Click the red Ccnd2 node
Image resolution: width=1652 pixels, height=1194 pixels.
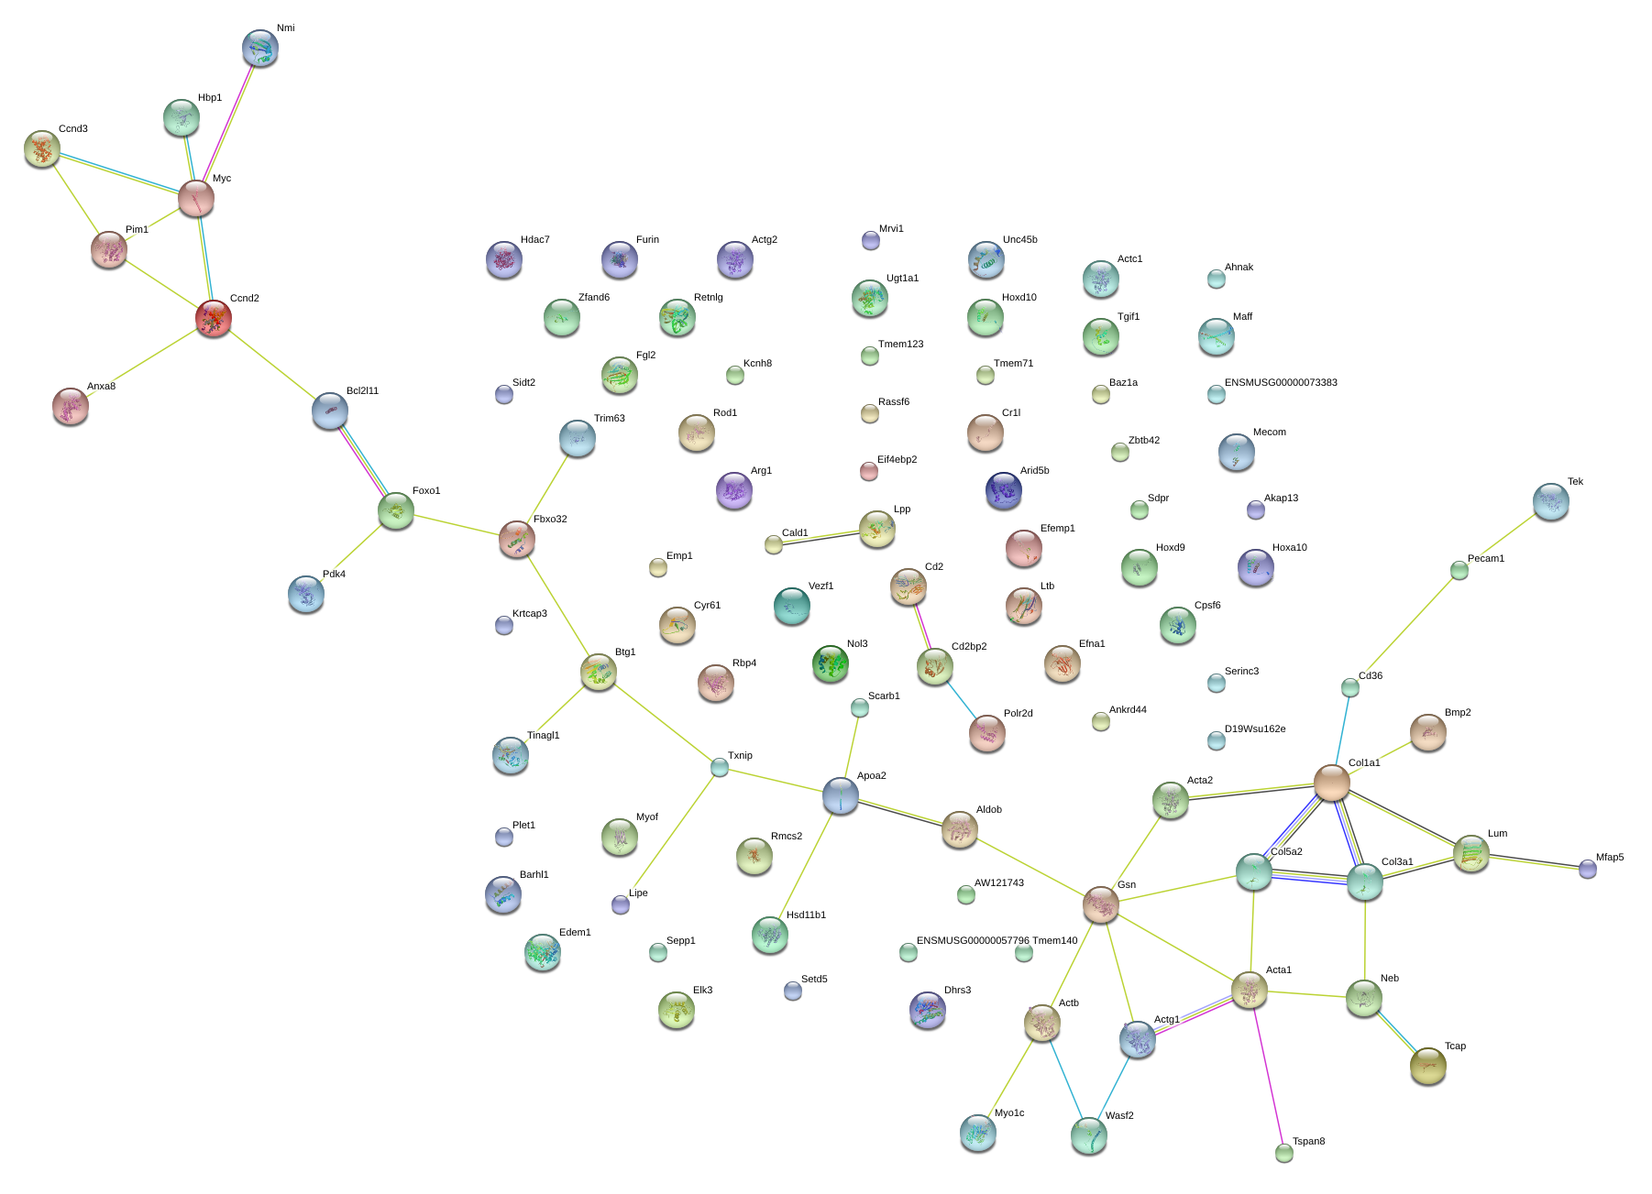coord(214,319)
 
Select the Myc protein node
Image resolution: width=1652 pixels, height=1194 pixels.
coord(196,199)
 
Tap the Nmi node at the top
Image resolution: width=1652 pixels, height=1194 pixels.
coord(260,49)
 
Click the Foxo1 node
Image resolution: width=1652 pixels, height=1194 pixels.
coord(396,511)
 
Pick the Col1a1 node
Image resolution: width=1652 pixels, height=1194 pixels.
coord(1332,783)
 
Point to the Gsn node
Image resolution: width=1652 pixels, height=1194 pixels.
coord(1101,905)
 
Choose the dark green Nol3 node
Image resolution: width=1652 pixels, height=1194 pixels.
coord(831,664)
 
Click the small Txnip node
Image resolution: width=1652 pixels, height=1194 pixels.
coord(720,768)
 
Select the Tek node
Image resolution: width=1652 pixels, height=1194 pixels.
coord(1551,502)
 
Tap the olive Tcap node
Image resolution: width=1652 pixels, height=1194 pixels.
coord(1428,1067)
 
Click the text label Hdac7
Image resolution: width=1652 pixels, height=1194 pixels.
coord(535,240)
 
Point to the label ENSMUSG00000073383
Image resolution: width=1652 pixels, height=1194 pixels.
coord(1281,383)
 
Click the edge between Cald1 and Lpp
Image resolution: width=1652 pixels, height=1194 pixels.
coord(825,537)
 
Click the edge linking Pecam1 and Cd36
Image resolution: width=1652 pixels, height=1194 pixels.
coord(1404,630)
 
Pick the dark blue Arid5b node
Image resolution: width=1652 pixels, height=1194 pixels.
coord(1004,491)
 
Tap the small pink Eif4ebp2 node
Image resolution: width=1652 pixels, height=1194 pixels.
coord(869,472)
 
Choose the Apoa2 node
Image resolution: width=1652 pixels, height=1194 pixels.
coord(841,796)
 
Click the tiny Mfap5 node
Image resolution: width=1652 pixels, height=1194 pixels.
coord(1588,870)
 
